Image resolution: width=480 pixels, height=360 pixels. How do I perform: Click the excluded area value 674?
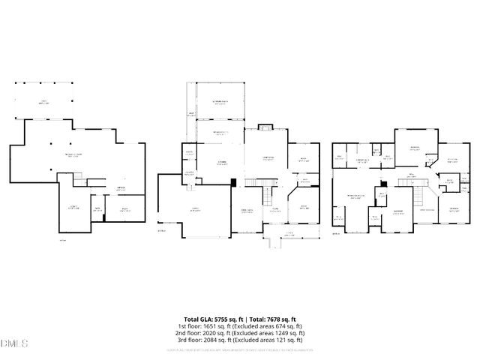pyautogui.click(x=285, y=326)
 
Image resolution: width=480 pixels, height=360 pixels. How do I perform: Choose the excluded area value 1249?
pyautogui.click(x=286, y=333)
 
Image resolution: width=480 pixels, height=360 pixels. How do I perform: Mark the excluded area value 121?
pyautogui.click(x=286, y=340)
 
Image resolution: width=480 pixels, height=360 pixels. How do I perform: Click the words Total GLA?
pyautogui.click(x=199, y=319)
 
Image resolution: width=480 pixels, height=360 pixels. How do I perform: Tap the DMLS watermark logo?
pyautogui.click(x=13, y=343)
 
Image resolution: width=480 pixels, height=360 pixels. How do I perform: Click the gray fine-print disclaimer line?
pyautogui.click(x=240, y=349)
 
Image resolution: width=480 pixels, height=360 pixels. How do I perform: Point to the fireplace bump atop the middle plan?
pyautogui.click(x=265, y=127)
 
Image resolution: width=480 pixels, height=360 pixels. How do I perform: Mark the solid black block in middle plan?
pyautogui.click(x=234, y=181)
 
